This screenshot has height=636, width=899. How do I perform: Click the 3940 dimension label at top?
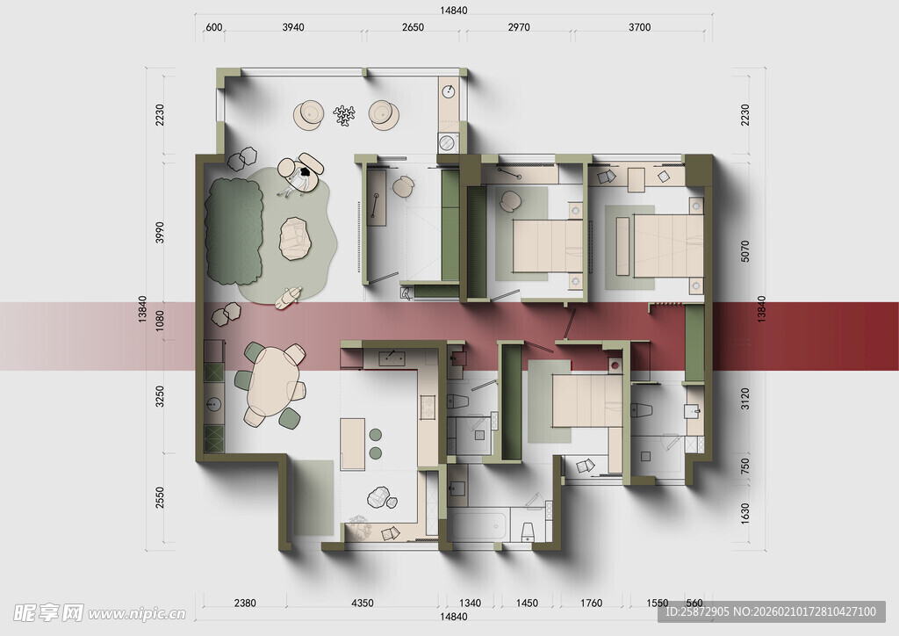(293, 27)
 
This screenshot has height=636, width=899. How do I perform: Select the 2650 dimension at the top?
(413, 27)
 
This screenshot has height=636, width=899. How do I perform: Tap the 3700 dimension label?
(639, 27)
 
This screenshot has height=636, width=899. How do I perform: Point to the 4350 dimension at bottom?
(362, 603)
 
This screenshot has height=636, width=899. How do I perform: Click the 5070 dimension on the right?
(744, 251)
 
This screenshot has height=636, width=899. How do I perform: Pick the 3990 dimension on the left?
(160, 232)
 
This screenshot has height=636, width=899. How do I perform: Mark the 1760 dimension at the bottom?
(591, 603)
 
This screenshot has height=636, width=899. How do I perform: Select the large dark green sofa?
(234, 230)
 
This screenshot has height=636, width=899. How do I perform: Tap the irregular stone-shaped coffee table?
(295, 239)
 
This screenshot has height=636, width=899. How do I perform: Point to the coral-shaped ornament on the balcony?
(344, 115)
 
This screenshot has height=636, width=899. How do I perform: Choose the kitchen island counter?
(353, 444)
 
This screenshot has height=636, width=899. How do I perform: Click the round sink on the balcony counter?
(449, 91)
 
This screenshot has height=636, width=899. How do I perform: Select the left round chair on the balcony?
(308, 115)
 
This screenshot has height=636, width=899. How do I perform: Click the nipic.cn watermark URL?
(137, 614)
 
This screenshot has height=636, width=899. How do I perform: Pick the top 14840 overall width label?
(454, 10)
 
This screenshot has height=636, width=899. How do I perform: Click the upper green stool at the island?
(376, 434)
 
